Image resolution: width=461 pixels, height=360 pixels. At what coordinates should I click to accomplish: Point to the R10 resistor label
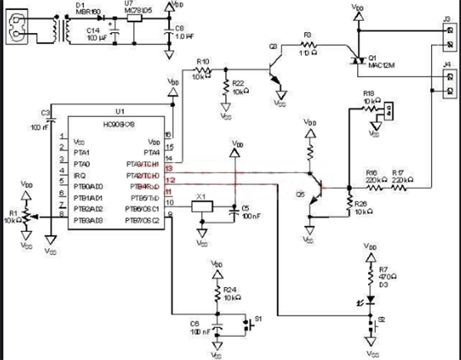pos(203,61)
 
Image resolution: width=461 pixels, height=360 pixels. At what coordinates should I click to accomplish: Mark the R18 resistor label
pos(369,92)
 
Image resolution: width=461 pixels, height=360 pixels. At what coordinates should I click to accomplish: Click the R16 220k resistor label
pos(373,173)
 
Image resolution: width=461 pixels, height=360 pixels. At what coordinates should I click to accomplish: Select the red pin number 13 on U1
pos(168,167)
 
